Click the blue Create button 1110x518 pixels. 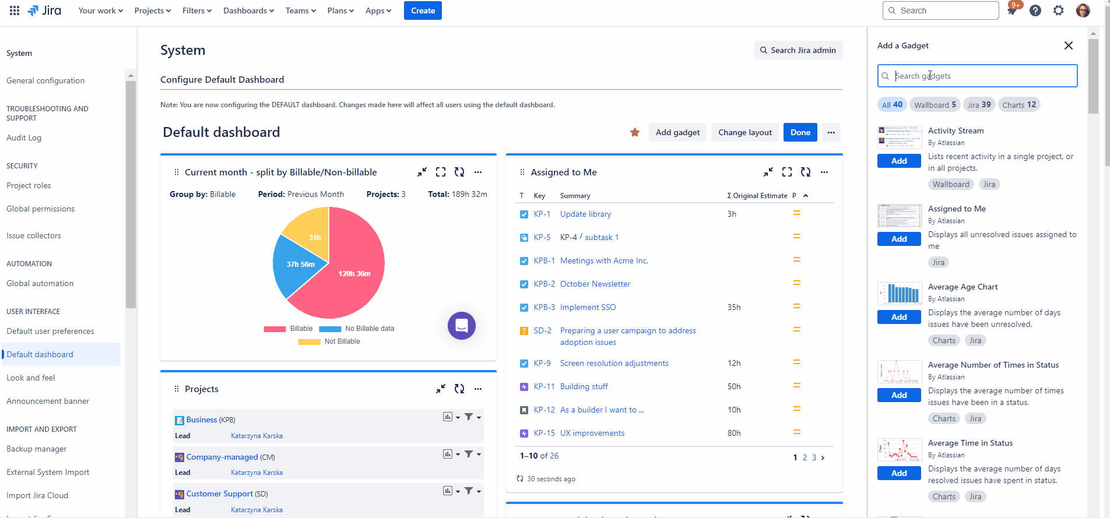click(x=423, y=10)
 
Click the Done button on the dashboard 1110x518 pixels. click(x=800, y=132)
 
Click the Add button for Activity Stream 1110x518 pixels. click(x=898, y=161)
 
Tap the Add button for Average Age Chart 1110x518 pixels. click(x=898, y=317)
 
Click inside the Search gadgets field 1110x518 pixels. click(x=979, y=76)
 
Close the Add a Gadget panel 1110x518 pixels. click(x=1068, y=45)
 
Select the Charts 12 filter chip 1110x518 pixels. click(x=1018, y=105)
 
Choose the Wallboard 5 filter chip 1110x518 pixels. click(x=935, y=105)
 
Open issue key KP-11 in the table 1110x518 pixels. click(x=544, y=386)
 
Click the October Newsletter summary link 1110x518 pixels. click(x=595, y=284)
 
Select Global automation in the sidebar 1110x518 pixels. click(x=40, y=283)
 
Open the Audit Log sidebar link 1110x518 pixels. click(x=24, y=138)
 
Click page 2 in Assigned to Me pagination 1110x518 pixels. click(x=805, y=457)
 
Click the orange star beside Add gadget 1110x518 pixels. click(x=635, y=132)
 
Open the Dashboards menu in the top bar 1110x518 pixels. click(x=248, y=10)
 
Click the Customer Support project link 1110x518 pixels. click(x=219, y=494)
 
